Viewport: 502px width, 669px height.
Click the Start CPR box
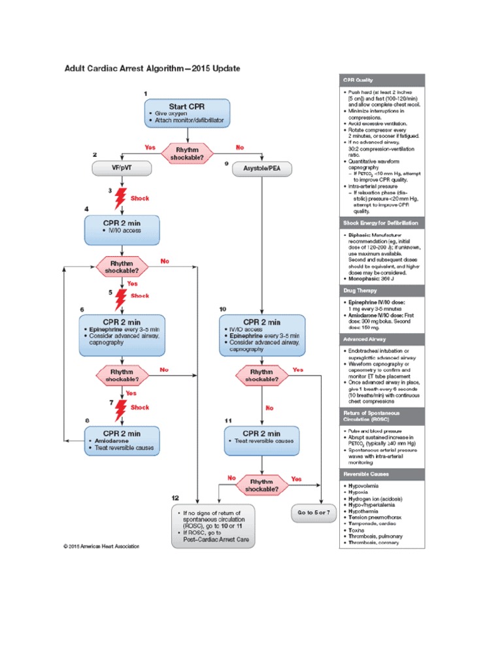186,114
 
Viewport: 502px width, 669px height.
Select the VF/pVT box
122,169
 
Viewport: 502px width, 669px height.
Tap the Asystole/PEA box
262,169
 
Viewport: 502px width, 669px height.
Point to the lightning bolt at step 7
121,410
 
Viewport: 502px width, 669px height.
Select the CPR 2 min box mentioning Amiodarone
122,442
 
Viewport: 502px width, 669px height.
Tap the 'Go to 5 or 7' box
313,513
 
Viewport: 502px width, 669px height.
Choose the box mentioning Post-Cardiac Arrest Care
213,526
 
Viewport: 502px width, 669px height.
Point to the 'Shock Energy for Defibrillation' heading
382,223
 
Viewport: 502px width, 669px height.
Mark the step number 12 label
175,497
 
